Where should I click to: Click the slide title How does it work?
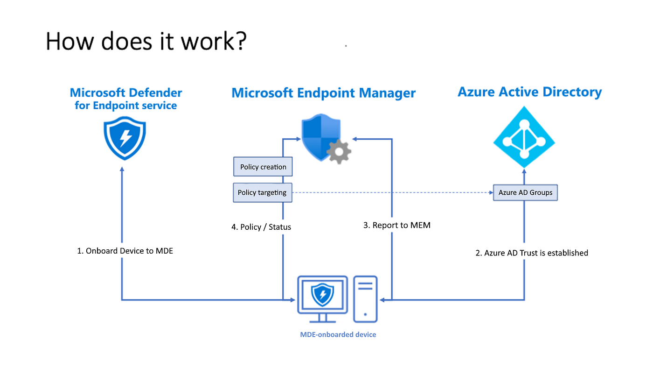click(x=146, y=41)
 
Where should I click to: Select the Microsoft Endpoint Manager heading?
click(x=323, y=92)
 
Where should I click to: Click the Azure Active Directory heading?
click(x=529, y=92)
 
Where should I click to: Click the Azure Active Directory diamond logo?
click(x=524, y=137)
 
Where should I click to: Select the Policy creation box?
click(x=263, y=167)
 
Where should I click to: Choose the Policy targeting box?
click(x=262, y=192)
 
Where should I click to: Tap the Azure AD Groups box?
click(x=525, y=192)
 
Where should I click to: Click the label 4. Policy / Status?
click(x=261, y=227)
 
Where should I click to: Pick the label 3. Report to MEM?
click(x=396, y=225)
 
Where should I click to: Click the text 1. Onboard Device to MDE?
click(x=125, y=251)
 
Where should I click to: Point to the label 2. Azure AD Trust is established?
click(x=532, y=253)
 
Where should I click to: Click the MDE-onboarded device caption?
click(x=338, y=334)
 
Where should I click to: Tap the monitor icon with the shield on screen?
click(x=322, y=297)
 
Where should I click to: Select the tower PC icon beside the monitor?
click(x=365, y=299)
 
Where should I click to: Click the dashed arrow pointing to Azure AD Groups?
click(x=392, y=192)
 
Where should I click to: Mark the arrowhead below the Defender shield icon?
click(x=122, y=170)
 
